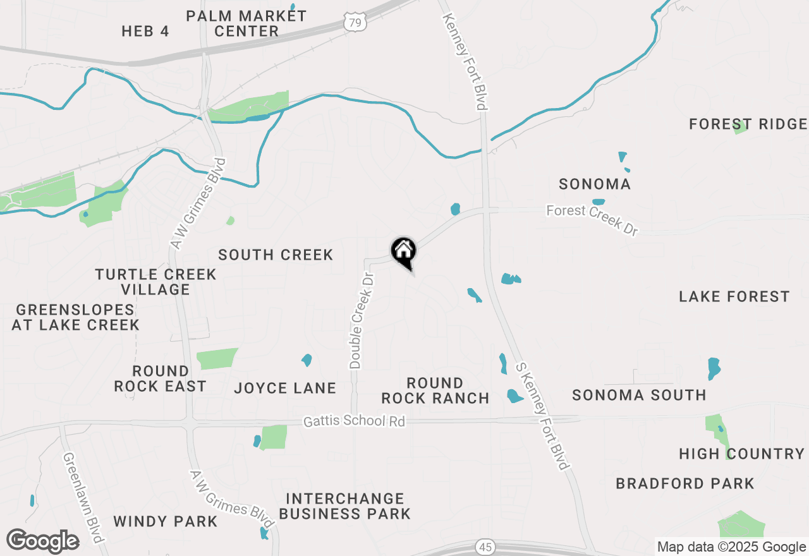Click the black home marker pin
point(403,251)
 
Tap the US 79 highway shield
point(356,22)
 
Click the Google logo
point(42,541)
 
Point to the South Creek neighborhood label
point(276,255)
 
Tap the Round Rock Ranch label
point(435,390)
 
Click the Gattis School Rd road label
point(354,421)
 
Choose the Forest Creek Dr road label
point(592,219)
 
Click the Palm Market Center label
point(246,23)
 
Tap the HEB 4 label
point(145,31)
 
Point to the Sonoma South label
point(639,395)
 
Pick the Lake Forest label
point(734,296)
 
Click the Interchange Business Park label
point(345,506)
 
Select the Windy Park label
point(166,521)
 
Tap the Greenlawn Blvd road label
point(83,497)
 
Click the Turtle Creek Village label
point(155,282)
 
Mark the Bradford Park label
point(685,483)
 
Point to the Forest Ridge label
point(748,124)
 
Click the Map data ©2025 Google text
point(731,547)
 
